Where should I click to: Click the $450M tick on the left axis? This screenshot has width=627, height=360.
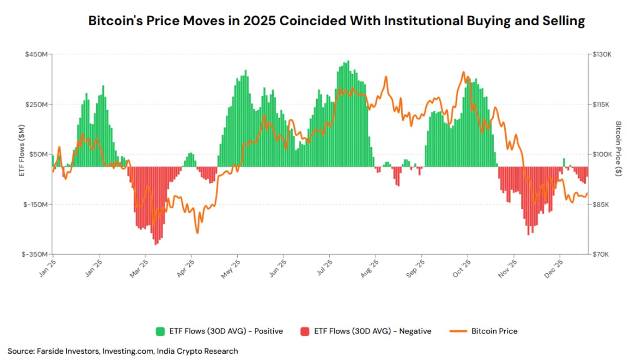38,54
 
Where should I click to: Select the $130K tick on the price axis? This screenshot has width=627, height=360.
601,54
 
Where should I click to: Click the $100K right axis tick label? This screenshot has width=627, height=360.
601,155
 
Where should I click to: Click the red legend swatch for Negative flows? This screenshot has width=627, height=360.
305,331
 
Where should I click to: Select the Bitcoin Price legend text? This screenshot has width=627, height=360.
494,331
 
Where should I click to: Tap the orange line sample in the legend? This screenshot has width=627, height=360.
457,331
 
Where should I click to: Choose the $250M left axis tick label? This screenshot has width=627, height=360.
38,104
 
